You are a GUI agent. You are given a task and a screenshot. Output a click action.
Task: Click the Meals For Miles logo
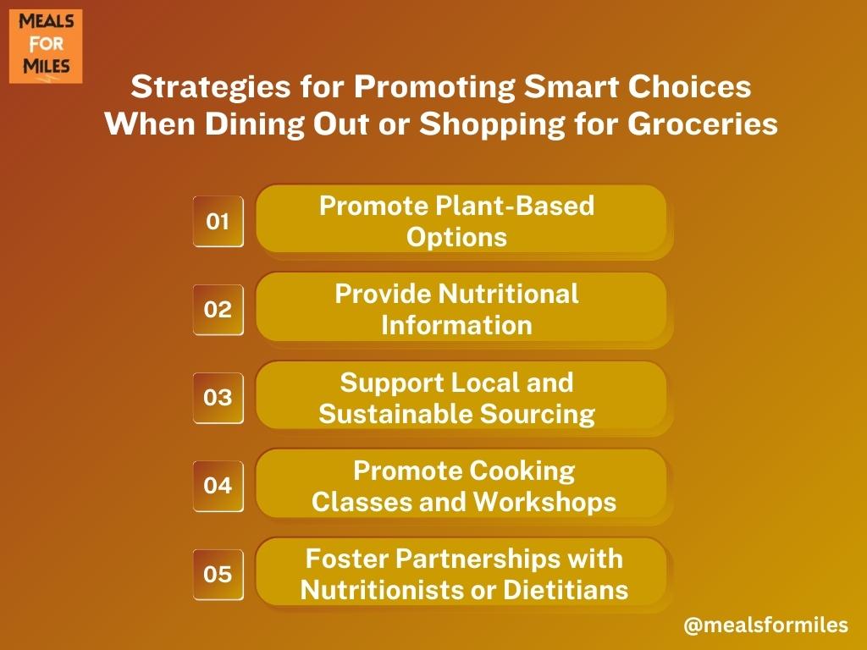tap(46, 46)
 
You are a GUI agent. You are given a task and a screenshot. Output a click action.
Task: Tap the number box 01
tap(218, 221)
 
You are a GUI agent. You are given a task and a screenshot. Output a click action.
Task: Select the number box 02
tap(218, 310)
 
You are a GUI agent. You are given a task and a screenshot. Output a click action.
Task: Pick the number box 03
tap(218, 398)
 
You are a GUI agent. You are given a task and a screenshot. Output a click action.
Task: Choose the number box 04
tap(218, 486)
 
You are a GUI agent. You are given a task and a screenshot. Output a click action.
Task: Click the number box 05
tap(218, 575)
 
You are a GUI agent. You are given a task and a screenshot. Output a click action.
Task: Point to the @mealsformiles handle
tap(765, 625)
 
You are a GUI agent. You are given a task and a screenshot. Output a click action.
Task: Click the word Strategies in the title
tap(211, 88)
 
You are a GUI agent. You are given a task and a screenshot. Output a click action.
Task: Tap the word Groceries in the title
tap(703, 124)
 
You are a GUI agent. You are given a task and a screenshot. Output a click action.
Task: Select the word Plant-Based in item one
tap(515, 207)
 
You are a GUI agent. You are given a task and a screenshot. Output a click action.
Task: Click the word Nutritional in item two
tap(509, 294)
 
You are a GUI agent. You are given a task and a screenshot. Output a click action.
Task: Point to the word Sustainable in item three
tap(395, 414)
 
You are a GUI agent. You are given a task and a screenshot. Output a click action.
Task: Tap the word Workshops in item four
tap(544, 502)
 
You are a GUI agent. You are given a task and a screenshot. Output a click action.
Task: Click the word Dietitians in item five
tap(566, 590)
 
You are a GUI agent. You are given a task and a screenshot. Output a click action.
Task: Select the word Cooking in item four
tap(522, 471)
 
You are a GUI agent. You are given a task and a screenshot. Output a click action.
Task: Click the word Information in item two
tap(456, 326)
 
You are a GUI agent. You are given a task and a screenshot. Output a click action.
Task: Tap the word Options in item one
tap(456, 238)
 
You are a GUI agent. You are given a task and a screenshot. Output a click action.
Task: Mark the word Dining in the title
tap(254, 124)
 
